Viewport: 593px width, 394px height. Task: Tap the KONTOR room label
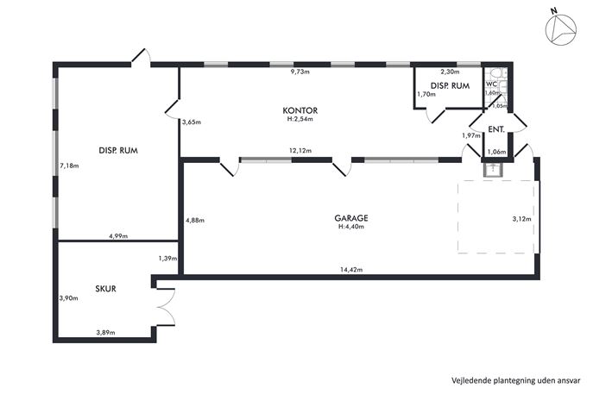(300, 110)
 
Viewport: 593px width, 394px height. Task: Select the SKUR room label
(106, 288)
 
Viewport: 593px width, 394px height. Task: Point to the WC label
(491, 84)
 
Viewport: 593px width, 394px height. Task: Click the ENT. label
(496, 129)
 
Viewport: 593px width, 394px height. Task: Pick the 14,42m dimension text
(350, 270)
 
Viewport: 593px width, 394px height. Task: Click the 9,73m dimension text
(300, 72)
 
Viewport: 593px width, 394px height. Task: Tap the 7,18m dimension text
(68, 164)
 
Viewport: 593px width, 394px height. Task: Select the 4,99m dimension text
(118, 235)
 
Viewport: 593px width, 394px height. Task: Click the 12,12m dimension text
(300, 151)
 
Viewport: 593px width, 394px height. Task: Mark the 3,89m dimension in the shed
(106, 333)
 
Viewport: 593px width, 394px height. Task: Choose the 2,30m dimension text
(449, 72)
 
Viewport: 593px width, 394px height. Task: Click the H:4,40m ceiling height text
(350, 227)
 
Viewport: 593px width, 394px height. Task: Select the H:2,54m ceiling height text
(300, 120)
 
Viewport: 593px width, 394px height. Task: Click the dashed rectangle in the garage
(496, 216)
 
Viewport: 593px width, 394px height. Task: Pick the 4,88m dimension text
(196, 220)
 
